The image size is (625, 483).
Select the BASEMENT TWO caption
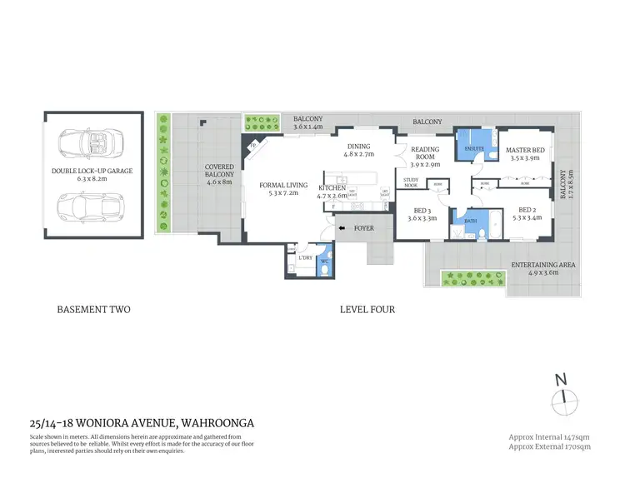coord(93,310)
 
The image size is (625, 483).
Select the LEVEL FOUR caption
coord(367,310)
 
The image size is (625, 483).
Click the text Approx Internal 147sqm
coord(549,436)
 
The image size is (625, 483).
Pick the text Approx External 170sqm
coord(549,447)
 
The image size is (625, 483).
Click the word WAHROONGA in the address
coord(211,422)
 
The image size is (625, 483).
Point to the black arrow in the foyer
coord(340,227)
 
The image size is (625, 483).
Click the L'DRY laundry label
coord(304,258)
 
